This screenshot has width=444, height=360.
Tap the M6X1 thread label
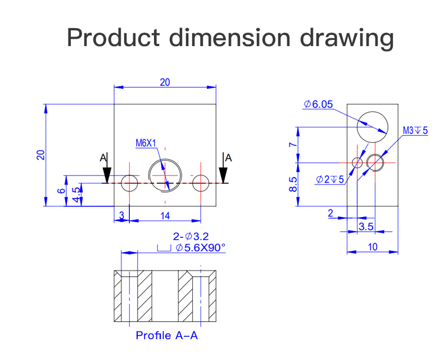(146, 143)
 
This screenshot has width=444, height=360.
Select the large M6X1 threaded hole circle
(165, 175)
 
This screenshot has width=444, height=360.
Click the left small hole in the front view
(130, 183)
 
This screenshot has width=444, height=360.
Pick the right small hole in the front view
(201, 183)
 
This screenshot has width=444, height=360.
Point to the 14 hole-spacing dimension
(165, 215)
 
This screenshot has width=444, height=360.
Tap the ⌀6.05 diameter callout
(318, 104)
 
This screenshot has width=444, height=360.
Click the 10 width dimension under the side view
(373, 246)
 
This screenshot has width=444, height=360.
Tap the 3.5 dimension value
(366, 226)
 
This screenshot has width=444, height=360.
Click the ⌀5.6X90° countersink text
(200, 247)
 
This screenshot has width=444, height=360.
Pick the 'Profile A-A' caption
(167, 335)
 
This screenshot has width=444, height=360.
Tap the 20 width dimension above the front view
(165, 82)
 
